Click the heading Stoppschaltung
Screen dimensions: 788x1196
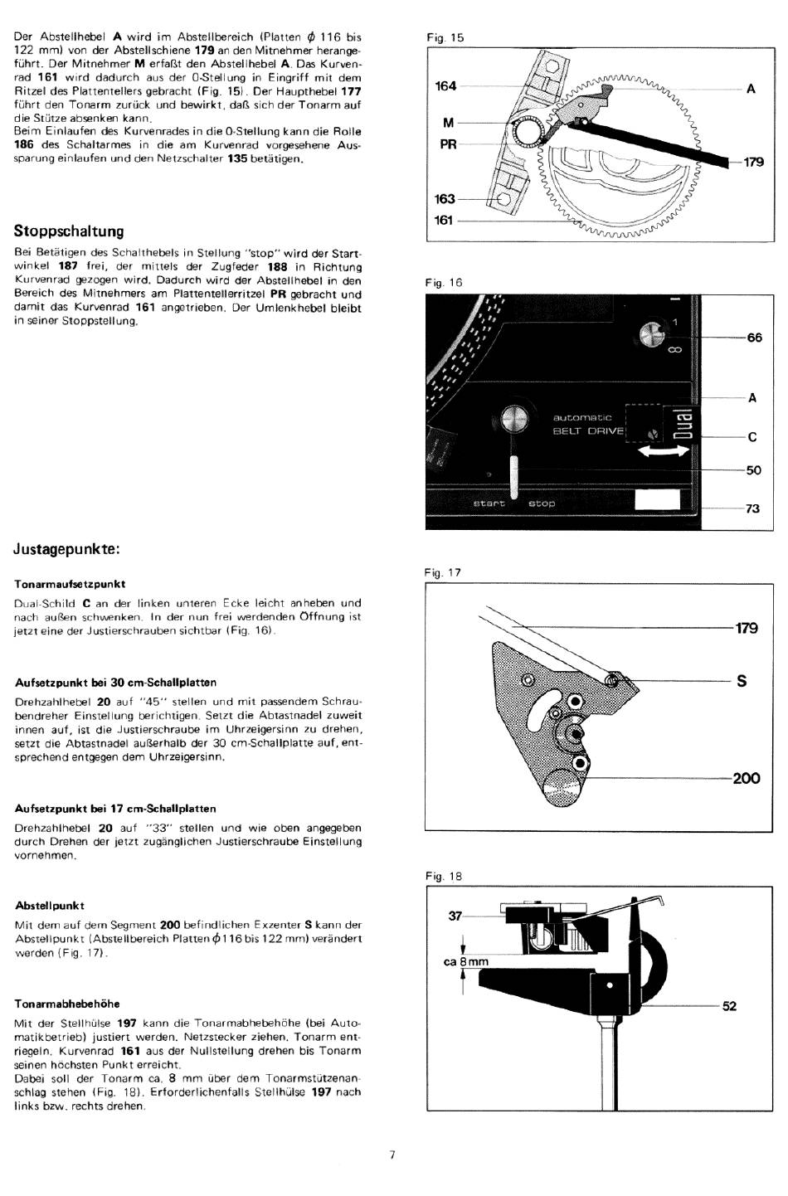point(69,231)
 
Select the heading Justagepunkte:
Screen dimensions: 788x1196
point(66,549)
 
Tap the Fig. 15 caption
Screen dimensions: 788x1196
point(445,38)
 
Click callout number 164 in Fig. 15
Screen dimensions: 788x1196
point(445,86)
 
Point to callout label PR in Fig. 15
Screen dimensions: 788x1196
point(448,144)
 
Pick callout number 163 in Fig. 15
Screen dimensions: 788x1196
point(445,199)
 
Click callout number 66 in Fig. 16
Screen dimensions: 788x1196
point(754,338)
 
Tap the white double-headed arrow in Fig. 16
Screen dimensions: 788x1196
point(663,452)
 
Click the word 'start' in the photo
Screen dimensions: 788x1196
point(489,503)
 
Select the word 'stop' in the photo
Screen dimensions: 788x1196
point(542,503)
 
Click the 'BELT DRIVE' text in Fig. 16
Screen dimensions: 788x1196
point(588,431)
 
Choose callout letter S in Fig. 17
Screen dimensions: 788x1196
point(742,681)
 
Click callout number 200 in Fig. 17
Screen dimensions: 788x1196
point(747,778)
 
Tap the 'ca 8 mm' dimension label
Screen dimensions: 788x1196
point(465,961)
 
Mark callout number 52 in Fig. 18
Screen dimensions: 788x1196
point(729,1006)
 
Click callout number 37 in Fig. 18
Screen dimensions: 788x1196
point(455,916)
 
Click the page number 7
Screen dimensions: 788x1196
point(392,1155)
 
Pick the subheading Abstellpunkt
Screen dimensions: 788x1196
point(50,906)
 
